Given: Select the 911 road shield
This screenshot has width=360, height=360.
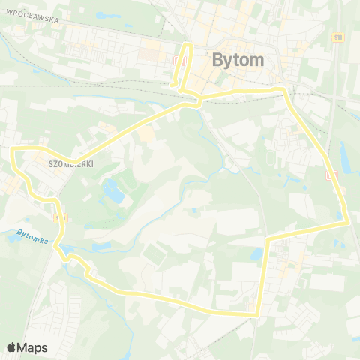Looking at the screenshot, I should (338, 37).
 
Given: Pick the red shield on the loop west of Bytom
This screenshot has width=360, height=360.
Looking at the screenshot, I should (178, 61).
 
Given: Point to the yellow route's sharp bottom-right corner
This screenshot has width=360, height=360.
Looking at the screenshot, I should (258, 315).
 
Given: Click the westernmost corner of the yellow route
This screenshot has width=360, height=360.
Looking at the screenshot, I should (13, 151).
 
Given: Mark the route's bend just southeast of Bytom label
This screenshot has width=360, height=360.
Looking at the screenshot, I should (284, 90).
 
